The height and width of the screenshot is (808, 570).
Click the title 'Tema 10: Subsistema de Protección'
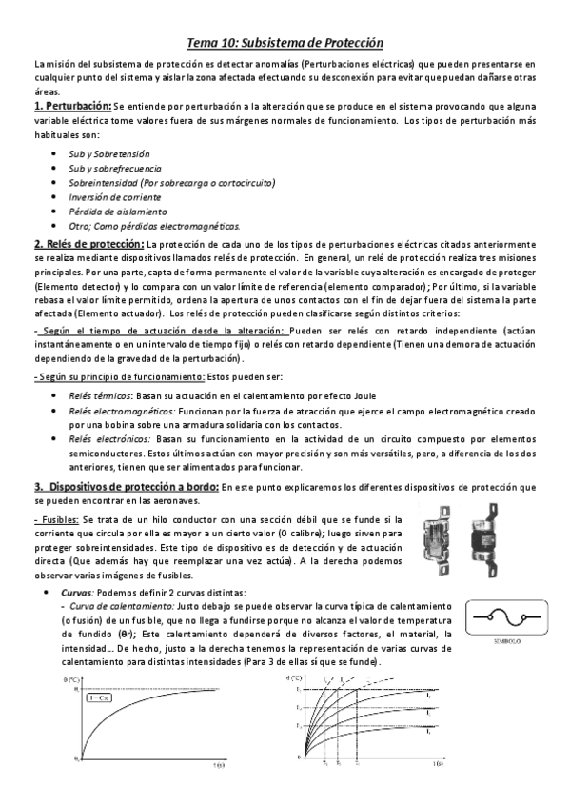(284, 44)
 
